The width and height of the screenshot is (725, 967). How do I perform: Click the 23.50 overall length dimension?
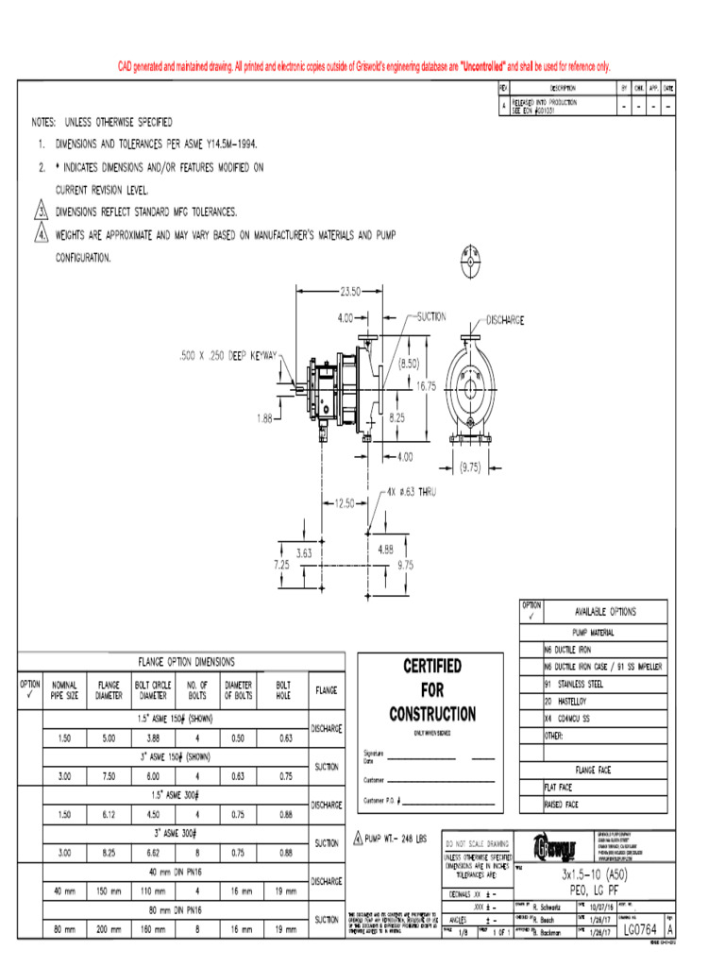pos(351,291)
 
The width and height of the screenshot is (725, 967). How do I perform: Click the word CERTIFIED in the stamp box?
pos(431,667)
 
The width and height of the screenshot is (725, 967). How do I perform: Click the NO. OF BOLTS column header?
pos(196,690)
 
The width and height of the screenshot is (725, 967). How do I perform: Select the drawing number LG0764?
pos(639,932)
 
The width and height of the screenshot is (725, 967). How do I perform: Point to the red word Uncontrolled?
pos(482,66)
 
